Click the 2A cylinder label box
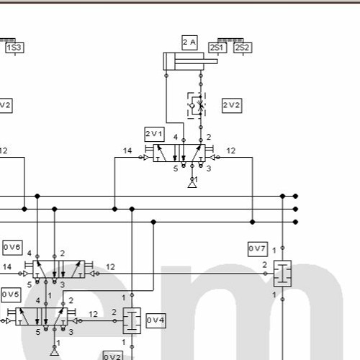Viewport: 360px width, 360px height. pos(189,42)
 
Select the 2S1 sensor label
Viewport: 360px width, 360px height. pos(217,48)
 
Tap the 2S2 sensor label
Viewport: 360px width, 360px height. pos(242,48)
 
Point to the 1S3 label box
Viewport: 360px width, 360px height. pos(14,48)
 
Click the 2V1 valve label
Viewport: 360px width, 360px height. pos(154,133)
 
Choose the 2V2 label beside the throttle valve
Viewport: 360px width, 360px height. pos(232,105)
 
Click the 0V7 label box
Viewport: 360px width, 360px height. pos(257,249)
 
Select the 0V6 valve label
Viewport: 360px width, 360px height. pos(12,247)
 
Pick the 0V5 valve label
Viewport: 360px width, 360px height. pos(11,294)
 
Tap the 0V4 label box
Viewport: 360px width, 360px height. pos(156,319)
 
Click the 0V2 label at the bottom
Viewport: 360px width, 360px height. pos(112,356)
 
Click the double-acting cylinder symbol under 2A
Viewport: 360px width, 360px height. pos(189,62)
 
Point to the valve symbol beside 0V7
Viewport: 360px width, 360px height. pos(282,274)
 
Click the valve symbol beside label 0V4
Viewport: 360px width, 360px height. pos(132,320)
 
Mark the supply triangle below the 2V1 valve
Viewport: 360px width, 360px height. pos(192,185)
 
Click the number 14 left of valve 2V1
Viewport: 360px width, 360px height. pos(127,151)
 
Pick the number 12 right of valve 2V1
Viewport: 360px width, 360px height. pos(231,151)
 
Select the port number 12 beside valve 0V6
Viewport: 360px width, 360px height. pos(110,267)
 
